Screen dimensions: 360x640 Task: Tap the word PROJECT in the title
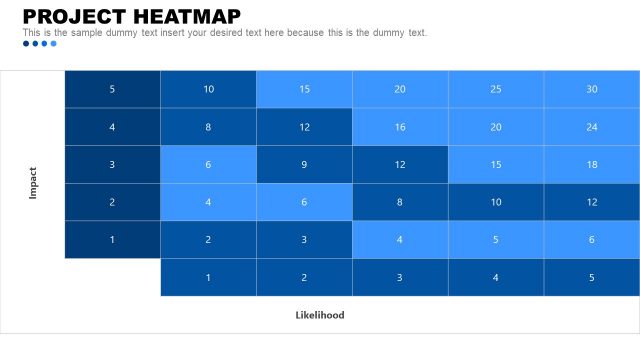[76, 16]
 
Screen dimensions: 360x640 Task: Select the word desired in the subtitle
[262, 33]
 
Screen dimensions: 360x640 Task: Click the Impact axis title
[33, 182]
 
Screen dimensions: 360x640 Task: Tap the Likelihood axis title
[320, 315]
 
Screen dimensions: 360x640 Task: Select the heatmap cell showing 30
[592, 89]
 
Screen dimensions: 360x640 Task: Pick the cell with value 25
[496, 89]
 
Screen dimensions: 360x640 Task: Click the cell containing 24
[592, 127]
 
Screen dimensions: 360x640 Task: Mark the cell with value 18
[592, 164]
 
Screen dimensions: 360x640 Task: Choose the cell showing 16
[400, 127]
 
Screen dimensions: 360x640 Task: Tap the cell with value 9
[304, 164]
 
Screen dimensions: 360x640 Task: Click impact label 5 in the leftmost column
[112, 89]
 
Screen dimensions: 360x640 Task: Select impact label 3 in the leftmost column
[112, 164]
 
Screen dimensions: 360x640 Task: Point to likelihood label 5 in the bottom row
[592, 277]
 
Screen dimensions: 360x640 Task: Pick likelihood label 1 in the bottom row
[208, 277]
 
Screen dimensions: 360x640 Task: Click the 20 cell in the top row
[400, 89]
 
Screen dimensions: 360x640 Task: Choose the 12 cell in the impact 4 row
[304, 127]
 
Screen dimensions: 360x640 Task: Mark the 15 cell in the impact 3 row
[496, 164]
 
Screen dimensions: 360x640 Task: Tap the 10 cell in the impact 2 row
[496, 202]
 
